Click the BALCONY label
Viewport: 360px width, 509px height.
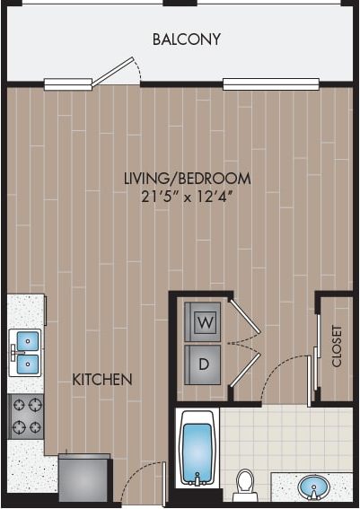tap(186, 39)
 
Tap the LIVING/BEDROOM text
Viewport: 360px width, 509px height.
tap(187, 179)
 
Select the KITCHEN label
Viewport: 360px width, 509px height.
tap(102, 380)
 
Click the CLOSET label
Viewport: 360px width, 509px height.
tap(337, 346)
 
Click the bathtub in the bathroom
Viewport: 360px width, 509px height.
tap(198, 448)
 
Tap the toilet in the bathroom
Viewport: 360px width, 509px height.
tap(244, 486)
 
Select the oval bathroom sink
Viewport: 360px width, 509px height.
tap(314, 487)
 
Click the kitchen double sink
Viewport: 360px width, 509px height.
tap(25, 352)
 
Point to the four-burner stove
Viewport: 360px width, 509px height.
tap(25, 416)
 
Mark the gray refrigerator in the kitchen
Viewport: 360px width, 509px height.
tap(83, 478)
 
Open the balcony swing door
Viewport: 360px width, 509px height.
tap(118, 71)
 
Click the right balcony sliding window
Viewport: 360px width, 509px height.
tap(271, 84)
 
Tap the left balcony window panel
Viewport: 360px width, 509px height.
tap(67, 85)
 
